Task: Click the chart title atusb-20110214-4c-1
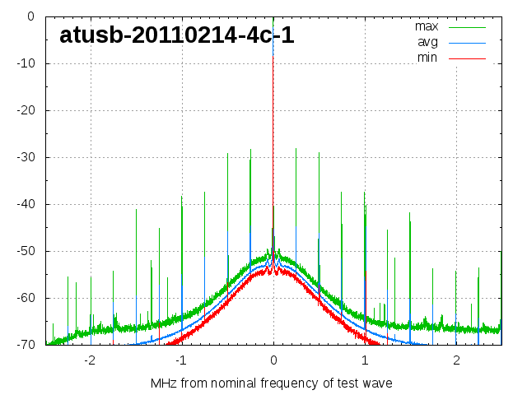pos(176,35)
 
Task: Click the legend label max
pos(427,26)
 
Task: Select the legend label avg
pos(427,42)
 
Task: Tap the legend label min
pos(427,58)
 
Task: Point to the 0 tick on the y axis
pos(30,16)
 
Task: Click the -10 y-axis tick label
pos(25,63)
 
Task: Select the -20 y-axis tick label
pos(25,110)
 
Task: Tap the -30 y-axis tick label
pos(25,157)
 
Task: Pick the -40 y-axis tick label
pos(25,204)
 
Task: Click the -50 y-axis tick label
pos(25,251)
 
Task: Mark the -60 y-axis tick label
pos(25,298)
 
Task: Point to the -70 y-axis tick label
pos(25,345)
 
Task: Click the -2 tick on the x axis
pos(90,360)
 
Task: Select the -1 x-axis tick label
pos(181,360)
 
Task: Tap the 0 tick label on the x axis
pos(273,360)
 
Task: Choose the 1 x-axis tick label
pos(365,360)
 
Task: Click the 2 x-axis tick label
pos(456,360)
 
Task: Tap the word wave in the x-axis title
pos(377,383)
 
